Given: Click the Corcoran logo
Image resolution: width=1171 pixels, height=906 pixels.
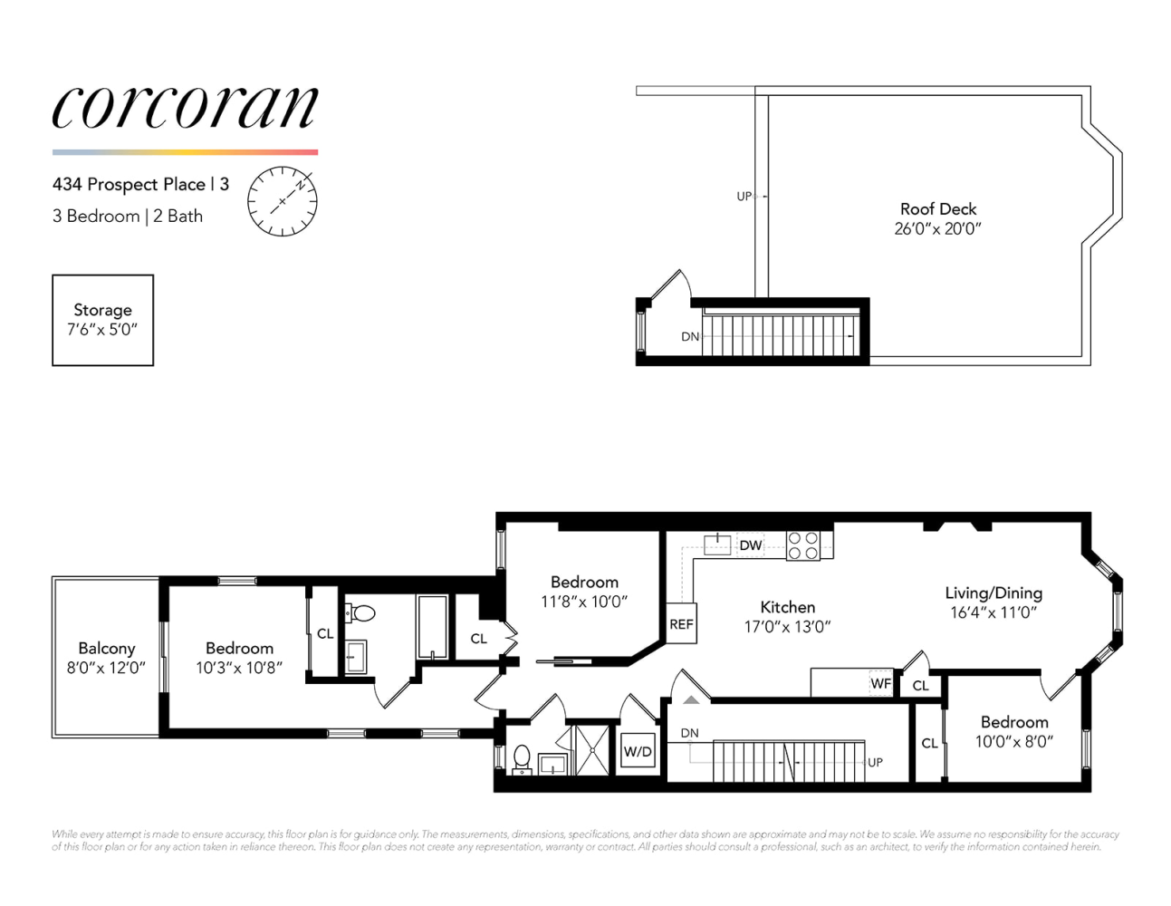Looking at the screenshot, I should (x=185, y=108).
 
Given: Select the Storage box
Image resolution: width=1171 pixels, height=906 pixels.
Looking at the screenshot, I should (x=102, y=320).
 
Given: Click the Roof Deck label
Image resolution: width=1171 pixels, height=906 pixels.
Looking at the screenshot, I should (x=938, y=209).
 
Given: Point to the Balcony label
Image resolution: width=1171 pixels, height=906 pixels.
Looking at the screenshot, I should (x=106, y=649).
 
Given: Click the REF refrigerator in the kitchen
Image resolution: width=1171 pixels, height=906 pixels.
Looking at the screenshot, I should (x=681, y=624).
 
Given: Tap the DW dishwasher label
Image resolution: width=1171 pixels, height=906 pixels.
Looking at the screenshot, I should (x=751, y=545).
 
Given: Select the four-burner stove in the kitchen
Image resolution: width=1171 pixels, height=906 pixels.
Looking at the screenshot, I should (x=803, y=545).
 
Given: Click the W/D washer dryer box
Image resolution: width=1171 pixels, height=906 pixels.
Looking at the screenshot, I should (x=638, y=752).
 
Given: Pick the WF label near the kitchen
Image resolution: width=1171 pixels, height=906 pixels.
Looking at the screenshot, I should (x=880, y=684).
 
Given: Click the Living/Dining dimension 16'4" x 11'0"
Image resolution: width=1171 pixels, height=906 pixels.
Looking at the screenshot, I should (x=993, y=613).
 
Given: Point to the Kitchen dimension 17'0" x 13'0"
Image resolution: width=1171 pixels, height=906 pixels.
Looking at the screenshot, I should (x=787, y=627).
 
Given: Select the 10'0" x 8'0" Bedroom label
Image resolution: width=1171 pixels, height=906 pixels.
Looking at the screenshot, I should (x=1013, y=742).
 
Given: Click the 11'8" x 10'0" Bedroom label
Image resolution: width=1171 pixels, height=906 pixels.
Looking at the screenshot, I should (x=584, y=602).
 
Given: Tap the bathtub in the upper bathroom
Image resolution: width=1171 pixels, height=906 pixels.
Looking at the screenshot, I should (x=432, y=627).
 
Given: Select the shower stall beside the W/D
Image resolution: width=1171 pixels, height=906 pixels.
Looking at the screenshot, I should (x=592, y=750).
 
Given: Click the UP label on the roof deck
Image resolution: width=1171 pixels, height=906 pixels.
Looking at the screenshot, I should (x=744, y=197).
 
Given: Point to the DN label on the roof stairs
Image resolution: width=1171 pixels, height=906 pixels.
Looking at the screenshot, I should (x=690, y=336).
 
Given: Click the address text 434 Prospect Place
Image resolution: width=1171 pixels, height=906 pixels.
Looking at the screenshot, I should (x=129, y=184).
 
